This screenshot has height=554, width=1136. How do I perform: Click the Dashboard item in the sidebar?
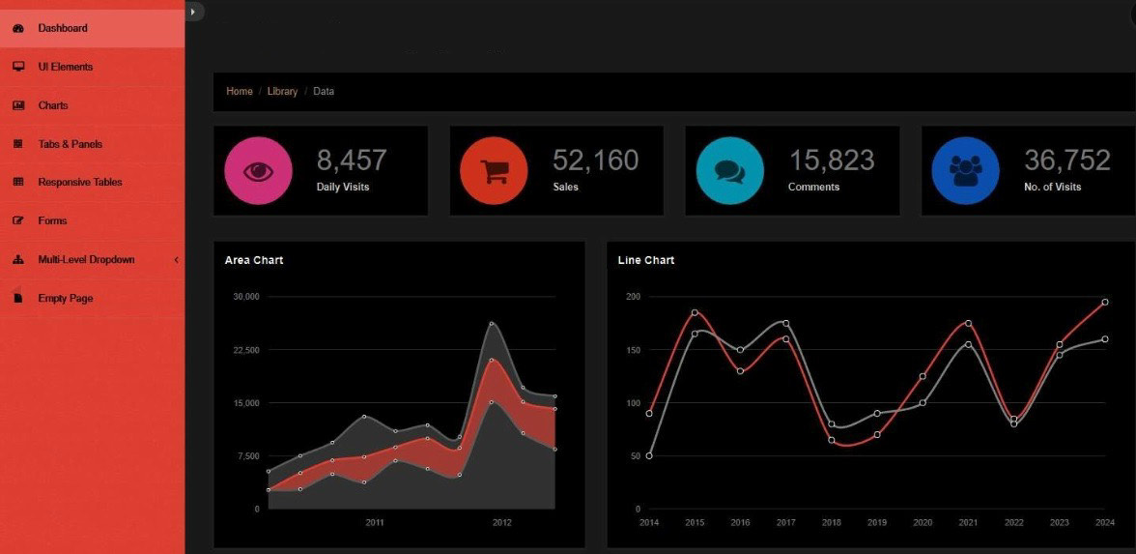pos(62,28)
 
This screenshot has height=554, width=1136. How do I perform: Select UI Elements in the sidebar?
pos(65,67)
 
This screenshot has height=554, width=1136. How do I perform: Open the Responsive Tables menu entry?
pos(79,182)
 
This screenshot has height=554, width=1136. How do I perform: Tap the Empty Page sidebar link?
pos(65,298)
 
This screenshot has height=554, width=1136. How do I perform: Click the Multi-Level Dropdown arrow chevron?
pos(176,259)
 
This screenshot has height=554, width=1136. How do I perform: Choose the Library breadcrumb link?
pos(282,91)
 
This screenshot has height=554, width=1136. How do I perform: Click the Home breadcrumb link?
pos(239,91)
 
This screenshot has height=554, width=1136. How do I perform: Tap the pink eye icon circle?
pos(258,171)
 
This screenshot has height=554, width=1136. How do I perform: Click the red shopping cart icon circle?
pos(494,171)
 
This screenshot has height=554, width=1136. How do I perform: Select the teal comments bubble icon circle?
pos(729,171)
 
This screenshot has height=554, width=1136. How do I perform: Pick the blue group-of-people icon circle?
pos(965,171)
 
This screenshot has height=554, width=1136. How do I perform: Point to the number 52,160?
pos(595,160)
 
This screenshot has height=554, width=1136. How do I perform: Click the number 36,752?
pos(1066,160)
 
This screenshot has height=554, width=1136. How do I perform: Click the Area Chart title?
pos(253,260)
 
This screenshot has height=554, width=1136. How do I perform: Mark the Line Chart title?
pos(645,260)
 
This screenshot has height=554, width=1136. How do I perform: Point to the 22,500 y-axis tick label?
pos(245,350)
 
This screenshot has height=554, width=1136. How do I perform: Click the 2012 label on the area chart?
pos(501,522)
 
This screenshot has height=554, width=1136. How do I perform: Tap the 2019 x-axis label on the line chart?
pos(877,522)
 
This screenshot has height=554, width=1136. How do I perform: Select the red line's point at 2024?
pos(1105,302)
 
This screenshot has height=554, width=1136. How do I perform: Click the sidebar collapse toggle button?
pos(194,11)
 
